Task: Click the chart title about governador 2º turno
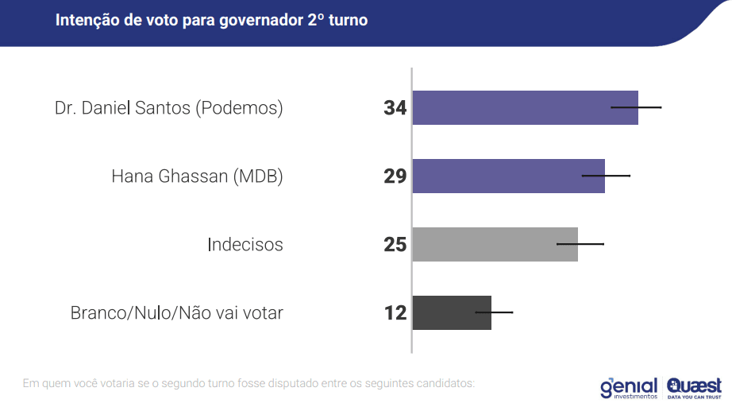coord(211,21)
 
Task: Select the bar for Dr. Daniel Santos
coord(525,107)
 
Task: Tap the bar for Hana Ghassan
coord(508,176)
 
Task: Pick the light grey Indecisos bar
coord(495,244)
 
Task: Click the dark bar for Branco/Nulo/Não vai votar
coord(451,312)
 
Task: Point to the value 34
coord(395,108)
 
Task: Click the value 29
coord(395,176)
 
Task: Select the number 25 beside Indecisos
coord(395,245)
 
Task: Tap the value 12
coord(395,313)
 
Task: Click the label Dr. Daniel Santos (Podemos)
coord(168,108)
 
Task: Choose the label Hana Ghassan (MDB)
coord(197,176)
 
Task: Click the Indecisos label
coord(245,245)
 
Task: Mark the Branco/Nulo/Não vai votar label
coord(176,313)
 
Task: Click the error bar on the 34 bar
coord(636,107)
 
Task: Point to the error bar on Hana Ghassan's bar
coord(606,175)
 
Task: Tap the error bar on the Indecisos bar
coord(580,243)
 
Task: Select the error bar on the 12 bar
coord(494,312)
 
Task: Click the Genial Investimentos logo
coord(629,386)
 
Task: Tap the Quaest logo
coord(695,386)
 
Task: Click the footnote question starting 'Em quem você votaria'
coord(248,384)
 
